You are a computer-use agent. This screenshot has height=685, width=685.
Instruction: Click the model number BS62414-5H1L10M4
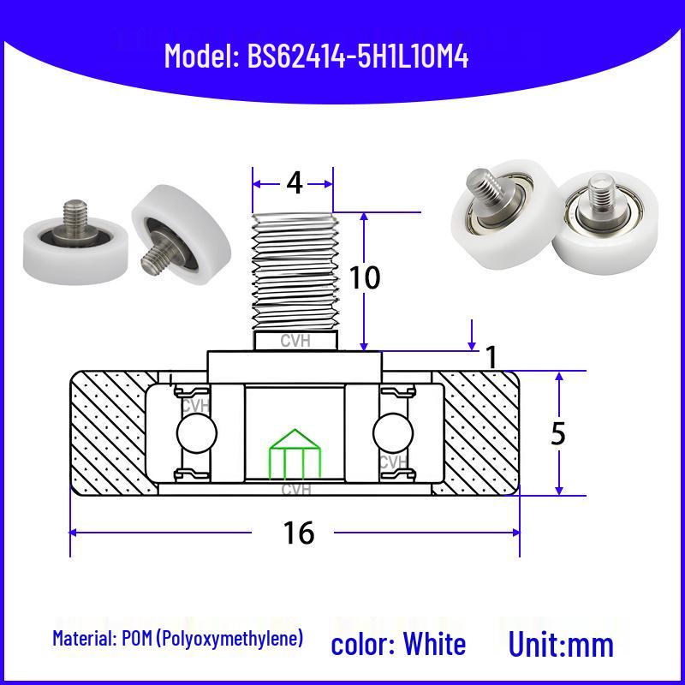(x=358, y=57)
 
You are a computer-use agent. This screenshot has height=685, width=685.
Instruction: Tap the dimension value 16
(x=298, y=533)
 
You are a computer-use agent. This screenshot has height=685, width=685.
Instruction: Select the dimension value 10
(x=365, y=277)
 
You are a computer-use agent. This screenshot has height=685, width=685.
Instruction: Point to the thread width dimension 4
(x=295, y=183)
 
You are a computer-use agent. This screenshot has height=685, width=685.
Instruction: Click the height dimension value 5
(x=558, y=434)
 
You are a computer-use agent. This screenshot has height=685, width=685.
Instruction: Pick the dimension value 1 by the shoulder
(x=491, y=357)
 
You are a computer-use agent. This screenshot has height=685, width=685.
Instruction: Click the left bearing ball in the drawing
(x=197, y=433)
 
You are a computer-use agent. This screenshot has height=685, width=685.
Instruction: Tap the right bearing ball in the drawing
(x=393, y=433)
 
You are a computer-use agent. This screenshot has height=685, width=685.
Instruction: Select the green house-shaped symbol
(x=295, y=454)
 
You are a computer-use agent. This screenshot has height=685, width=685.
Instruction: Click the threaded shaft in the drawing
(x=295, y=273)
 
